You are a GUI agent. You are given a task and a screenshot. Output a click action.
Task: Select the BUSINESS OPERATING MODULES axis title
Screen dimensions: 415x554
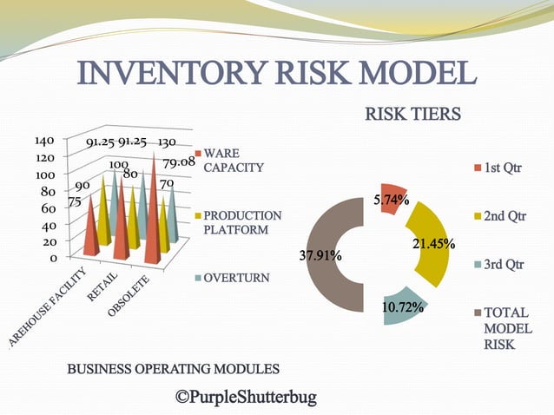(174, 369)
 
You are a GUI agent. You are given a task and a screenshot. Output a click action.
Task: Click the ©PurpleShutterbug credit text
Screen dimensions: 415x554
(246, 397)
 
